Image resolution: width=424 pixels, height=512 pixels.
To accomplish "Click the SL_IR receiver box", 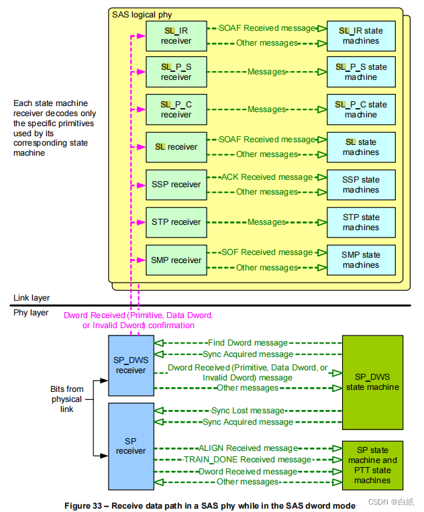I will pyautogui.click(x=176, y=36).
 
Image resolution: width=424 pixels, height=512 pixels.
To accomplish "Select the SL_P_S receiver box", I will pyautogui.click(x=176, y=72).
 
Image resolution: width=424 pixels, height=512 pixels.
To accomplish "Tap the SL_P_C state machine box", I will pyautogui.click(x=361, y=109).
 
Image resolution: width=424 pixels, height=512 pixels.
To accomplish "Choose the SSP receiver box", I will pyautogui.click(x=176, y=185).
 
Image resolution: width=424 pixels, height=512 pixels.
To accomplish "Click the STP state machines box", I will pyautogui.click(x=361, y=222).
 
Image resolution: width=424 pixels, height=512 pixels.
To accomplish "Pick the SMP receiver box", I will pyautogui.click(x=176, y=260).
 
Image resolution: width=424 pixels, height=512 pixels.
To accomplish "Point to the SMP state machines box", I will pyautogui.click(x=361, y=260).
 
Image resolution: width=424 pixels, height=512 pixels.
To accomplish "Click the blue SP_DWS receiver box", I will pyautogui.click(x=131, y=365).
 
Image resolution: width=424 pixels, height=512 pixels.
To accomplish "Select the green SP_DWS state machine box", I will pyautogui.click(x=372, y=382).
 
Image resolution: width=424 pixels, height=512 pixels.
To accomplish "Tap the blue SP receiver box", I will pyautogui.click(x=131, y=446).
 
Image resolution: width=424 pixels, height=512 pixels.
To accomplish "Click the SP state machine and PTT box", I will pyautogui.click(x=372, y=466).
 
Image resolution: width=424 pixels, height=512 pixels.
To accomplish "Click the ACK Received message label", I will pyautogui.click(x=267, y=177).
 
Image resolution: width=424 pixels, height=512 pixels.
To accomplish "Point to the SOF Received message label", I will pyautogui.click(x=267, y=252).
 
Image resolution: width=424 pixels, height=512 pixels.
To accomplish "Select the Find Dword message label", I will pyautogui.click(x=248, y=343).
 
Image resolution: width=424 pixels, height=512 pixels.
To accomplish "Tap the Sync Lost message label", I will pyautogui.click(x=248, y=411).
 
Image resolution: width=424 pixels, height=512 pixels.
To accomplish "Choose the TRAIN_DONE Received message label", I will pyautogui.click(x=248, y=460).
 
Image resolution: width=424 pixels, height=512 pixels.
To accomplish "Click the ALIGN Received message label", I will pyautogui.click(x=248, y=448).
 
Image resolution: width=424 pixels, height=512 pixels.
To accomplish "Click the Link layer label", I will pyautogui.click(x=32, y=298).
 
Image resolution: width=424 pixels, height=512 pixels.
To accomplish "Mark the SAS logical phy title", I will pyautogui.click(x=143, y=14).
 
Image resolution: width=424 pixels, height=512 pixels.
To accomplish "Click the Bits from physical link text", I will pyautogui.click(x=66, y=399).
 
